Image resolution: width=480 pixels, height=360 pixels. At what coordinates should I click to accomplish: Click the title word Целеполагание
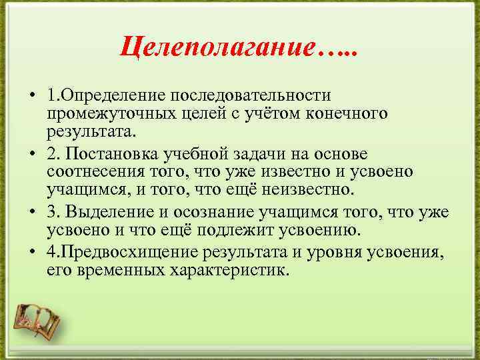tap(217, 47)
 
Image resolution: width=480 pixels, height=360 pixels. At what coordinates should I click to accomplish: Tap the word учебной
tap(202, 155)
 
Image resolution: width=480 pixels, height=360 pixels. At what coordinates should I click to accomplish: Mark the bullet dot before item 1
tap(32, 98)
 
